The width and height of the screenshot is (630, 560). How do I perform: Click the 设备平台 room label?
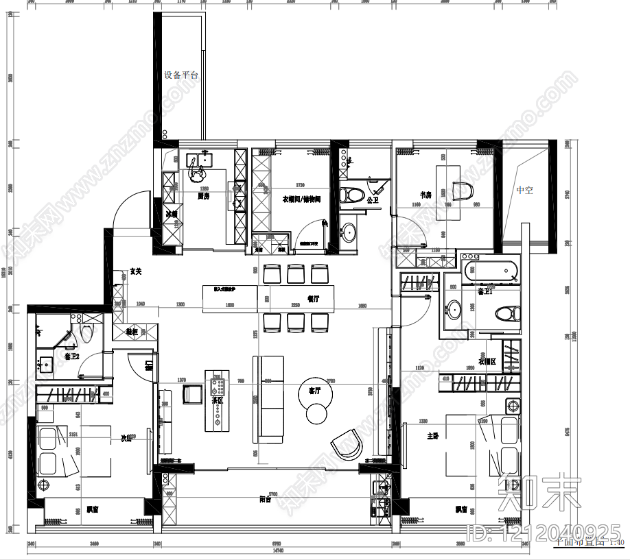click(181, 75)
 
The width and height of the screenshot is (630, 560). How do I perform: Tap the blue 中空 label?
click(524, 190)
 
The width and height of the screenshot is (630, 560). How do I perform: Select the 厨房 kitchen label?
click(203, 197)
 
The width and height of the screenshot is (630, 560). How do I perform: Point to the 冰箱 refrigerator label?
click(172, 214)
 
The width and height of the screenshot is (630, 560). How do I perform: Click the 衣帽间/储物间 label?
click(301, 199)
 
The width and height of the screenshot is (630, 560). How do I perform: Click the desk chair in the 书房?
click(466, 192)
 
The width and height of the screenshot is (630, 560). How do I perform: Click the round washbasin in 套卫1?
click(454, 310)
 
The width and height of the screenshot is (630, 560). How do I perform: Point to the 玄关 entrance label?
click(136, 272)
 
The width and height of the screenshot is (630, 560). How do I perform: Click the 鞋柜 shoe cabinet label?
click(132, 332)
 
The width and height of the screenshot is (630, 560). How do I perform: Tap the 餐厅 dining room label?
click(314, 299)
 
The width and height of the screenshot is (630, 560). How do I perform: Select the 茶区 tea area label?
click(217, 400)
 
